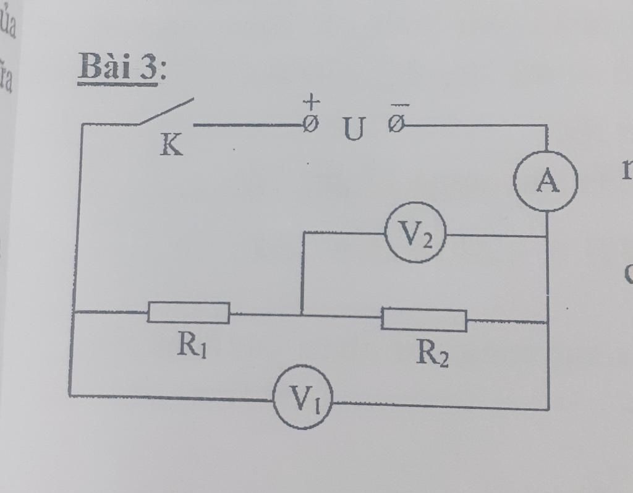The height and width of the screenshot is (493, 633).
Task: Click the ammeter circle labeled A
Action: click(x=546, y=181)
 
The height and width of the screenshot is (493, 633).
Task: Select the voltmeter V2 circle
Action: click(x=415, y=233)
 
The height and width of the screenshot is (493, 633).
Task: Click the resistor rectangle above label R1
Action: click(x=189, y=312)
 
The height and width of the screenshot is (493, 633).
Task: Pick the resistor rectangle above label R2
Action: click(x=424, y=319)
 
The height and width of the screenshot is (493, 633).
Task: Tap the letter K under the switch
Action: click(x=171, y=145)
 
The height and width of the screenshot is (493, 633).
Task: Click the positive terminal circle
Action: click(x=311, y=125)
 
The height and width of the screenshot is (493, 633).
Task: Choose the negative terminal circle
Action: click(x=396, y=125)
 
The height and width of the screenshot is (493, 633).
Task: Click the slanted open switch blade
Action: click(x=166, y=111)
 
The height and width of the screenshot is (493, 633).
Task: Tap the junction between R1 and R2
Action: click(x=302, y=314)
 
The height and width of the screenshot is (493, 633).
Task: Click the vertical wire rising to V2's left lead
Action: click(x=302, y=272)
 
